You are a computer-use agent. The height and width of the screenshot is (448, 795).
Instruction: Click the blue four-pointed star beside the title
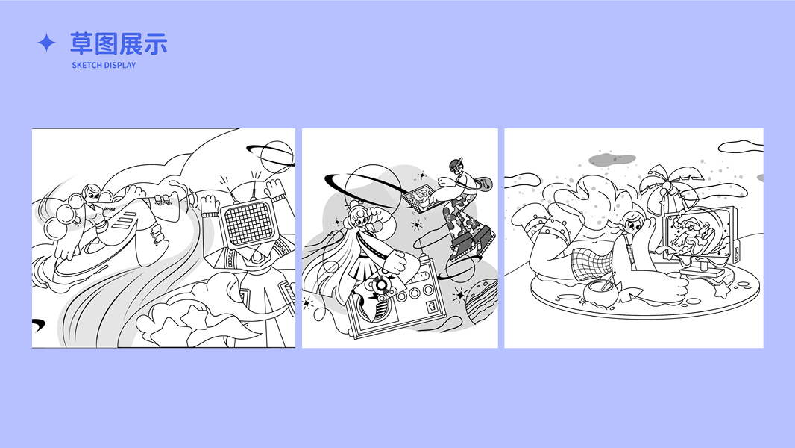click(46, 43)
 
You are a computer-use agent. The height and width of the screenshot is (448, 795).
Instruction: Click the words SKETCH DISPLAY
click(104, 65)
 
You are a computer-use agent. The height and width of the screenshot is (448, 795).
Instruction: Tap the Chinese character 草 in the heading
click(81, 43)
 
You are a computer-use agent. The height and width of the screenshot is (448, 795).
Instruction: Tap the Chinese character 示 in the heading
click(156, 43)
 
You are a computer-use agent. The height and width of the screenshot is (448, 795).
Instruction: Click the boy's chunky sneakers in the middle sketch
click(471, 243)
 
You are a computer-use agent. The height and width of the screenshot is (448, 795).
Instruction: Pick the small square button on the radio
click(432, 306)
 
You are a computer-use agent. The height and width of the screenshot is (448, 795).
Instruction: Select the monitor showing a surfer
click(700, 235)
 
